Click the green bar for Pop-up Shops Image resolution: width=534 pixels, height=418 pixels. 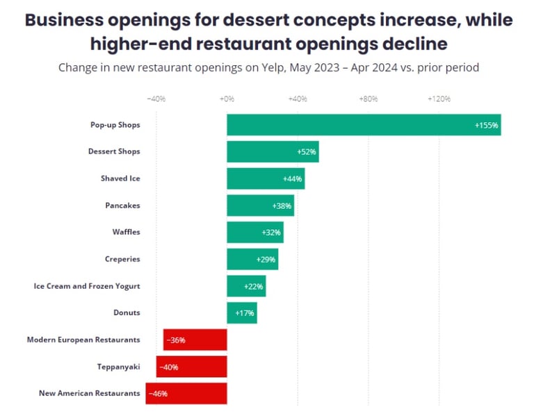coord(363,125)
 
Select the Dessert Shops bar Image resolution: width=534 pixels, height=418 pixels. coord(272,151)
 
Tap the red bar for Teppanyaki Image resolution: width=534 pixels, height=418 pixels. coord(191,367)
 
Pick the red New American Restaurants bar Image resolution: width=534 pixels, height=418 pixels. coord(186,393)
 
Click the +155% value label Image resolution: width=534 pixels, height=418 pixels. coord(486,126)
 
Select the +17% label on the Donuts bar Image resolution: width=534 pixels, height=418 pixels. coord(244,313)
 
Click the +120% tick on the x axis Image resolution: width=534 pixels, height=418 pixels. coord(439,99)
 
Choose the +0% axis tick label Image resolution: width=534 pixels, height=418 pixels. coord(227,99)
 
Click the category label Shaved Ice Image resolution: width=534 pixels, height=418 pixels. coord(120,178)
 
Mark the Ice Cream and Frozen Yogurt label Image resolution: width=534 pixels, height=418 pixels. coord(87,286)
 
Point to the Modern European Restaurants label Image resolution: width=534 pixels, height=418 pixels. coord(83,340)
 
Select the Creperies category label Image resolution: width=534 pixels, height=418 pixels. coord(122,259)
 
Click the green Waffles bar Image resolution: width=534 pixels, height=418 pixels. coord(254,233)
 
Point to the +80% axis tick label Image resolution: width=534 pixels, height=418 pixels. coord(368,99)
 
